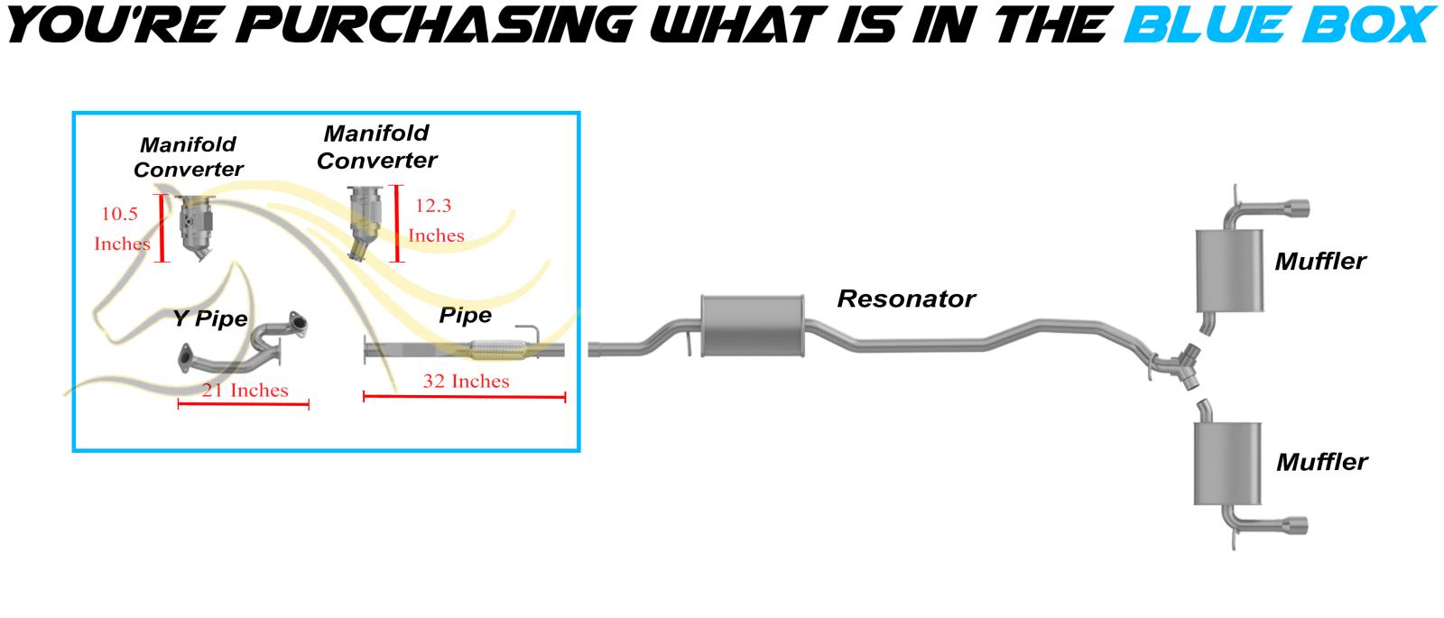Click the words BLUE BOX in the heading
[x=1277, y=24]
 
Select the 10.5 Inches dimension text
[x=121, y=229]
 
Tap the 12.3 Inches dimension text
[x=435, y=220]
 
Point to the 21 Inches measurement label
[x=245, y=390]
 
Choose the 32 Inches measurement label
[x=466, y=381]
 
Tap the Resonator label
[x=906, y=299]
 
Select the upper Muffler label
[x=1319, y=262]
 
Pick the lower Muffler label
[x=1321, y=463]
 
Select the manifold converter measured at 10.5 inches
[x=199, y=227]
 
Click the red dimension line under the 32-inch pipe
[x=464, y=397]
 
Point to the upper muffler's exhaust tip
[x=1297, y=206]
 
